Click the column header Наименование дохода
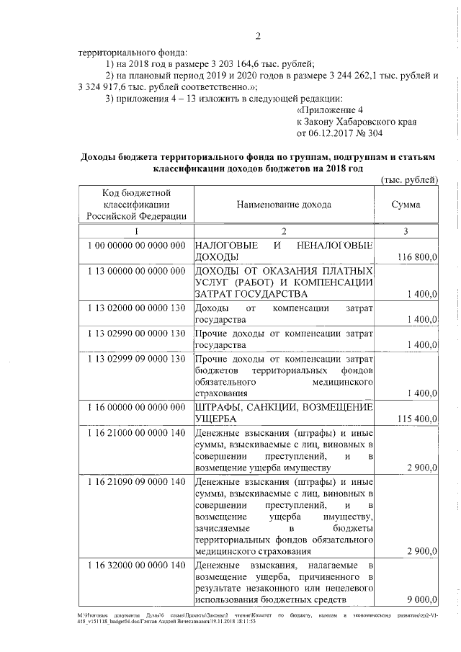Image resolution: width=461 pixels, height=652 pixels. (284, 205)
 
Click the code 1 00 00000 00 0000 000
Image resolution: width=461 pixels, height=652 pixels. (136, 246)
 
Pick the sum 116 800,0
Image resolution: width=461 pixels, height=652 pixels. (417, 257)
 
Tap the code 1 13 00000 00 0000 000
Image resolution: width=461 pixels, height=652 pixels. (136, 270)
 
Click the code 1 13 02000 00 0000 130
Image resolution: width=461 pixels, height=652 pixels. (136, 308)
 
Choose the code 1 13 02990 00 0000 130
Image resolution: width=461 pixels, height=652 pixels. (136, 333)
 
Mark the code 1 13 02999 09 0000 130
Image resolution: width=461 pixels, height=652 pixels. (136, 358)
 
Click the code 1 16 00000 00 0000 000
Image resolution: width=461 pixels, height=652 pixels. (136, 407)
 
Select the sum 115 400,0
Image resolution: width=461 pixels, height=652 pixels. (417, 419)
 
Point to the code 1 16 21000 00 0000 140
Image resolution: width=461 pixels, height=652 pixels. (136, 432)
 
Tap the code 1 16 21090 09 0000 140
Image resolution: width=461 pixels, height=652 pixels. (136, 481)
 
